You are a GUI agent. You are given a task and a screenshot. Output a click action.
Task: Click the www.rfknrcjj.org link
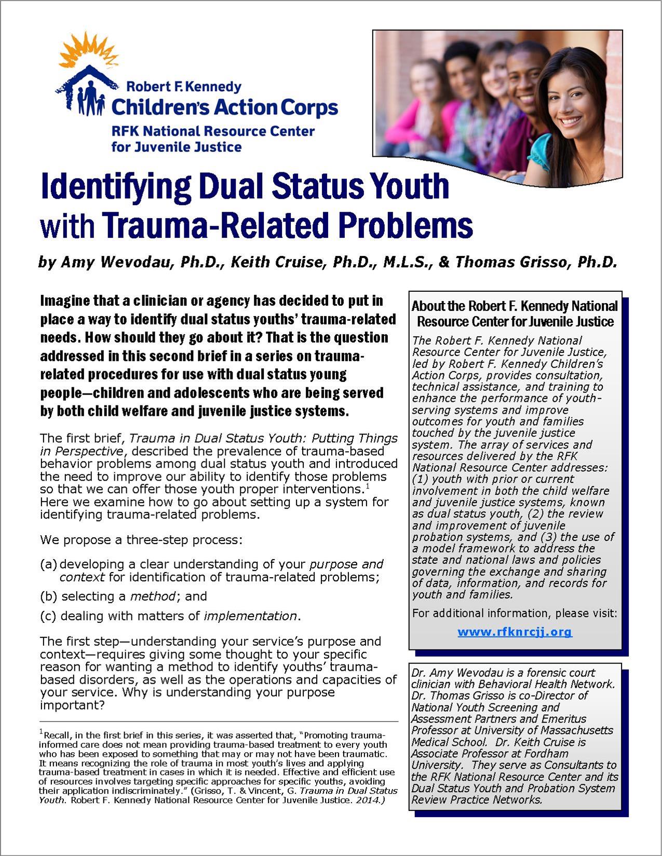coord(515,632)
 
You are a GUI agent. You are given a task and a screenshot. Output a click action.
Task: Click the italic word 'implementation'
coord(250,616)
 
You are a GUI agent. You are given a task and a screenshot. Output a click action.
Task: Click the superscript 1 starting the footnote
coord(41,731)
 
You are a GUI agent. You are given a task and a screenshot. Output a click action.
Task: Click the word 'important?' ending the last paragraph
coord(73,705)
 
